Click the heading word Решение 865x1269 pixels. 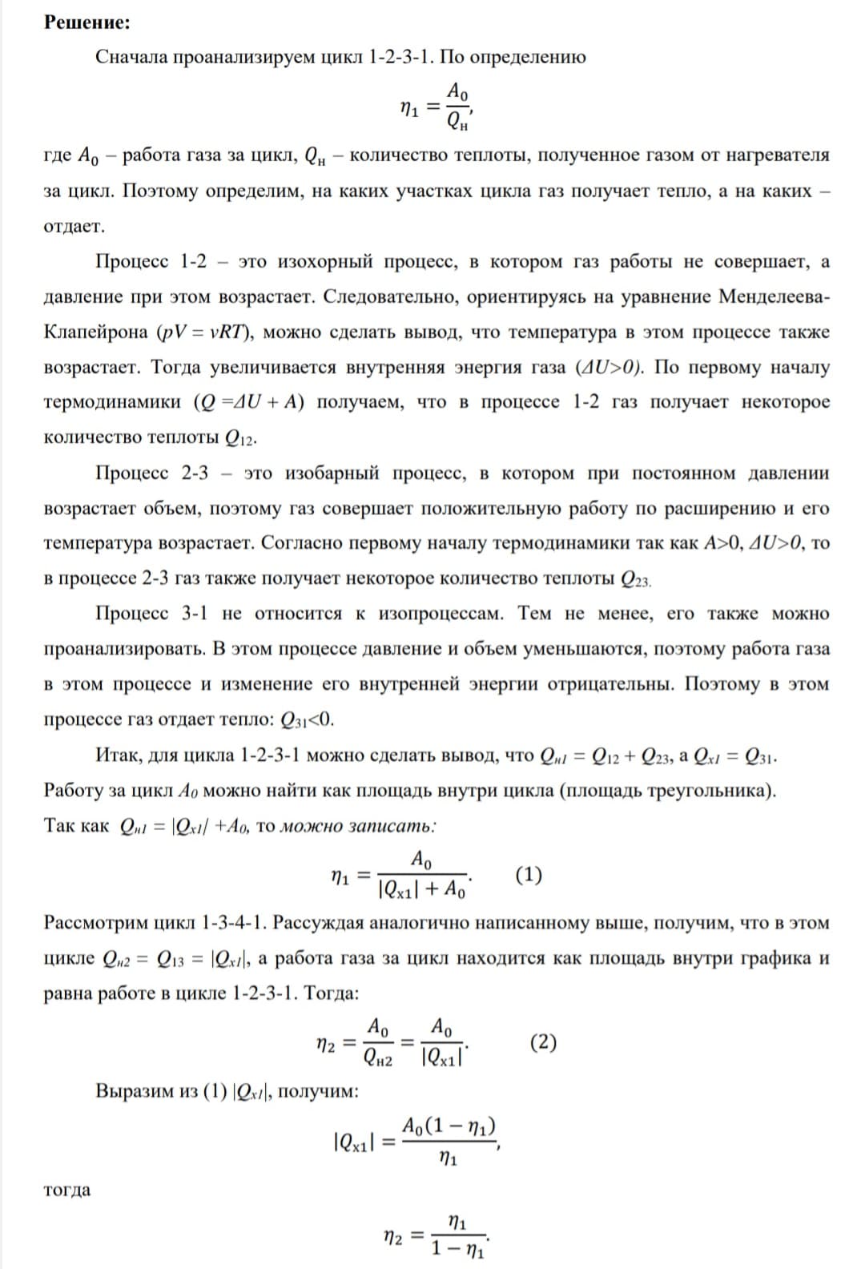coord(86,22)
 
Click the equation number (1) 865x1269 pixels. coord(528,874)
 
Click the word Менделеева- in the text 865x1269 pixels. coord(774,296)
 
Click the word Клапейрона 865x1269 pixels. coord(95,332)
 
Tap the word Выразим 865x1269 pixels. coord(133,1091)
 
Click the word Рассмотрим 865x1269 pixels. coord(97,923)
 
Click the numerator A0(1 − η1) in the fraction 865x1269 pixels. coord(449,1126)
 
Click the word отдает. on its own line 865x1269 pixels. coord(74,226)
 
